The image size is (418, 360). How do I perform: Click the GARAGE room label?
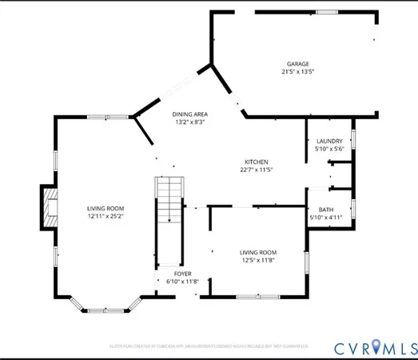299,64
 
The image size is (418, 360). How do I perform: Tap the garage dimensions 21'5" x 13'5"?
299,72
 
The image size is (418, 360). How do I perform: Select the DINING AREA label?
190,115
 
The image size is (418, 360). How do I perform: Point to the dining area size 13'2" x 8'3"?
190,123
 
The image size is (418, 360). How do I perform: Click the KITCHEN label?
256,162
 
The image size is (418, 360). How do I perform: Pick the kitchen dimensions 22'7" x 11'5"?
256,170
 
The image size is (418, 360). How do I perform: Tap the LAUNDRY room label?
329,141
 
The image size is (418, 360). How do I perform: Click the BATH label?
326,210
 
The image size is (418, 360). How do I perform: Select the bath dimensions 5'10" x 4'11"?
326,218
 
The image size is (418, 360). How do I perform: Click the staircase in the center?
169,202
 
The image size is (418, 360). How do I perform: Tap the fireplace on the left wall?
50,207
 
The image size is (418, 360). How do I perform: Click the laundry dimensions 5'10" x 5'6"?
329,149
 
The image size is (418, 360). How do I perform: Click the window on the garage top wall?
326,12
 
